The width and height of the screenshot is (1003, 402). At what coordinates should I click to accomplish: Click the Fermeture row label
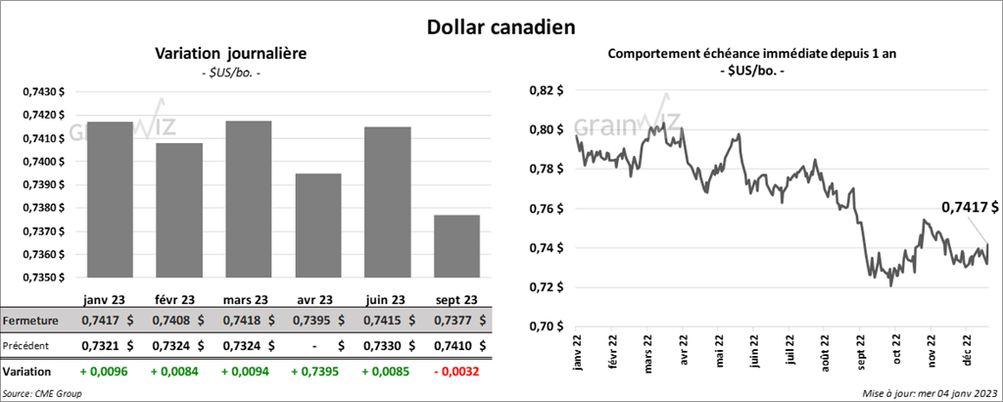[31, 321]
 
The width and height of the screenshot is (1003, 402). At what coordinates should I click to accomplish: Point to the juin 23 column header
[386, 300]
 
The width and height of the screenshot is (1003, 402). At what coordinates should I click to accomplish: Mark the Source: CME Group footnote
[42, 392]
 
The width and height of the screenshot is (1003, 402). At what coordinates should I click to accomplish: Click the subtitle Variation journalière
[231, 53]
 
